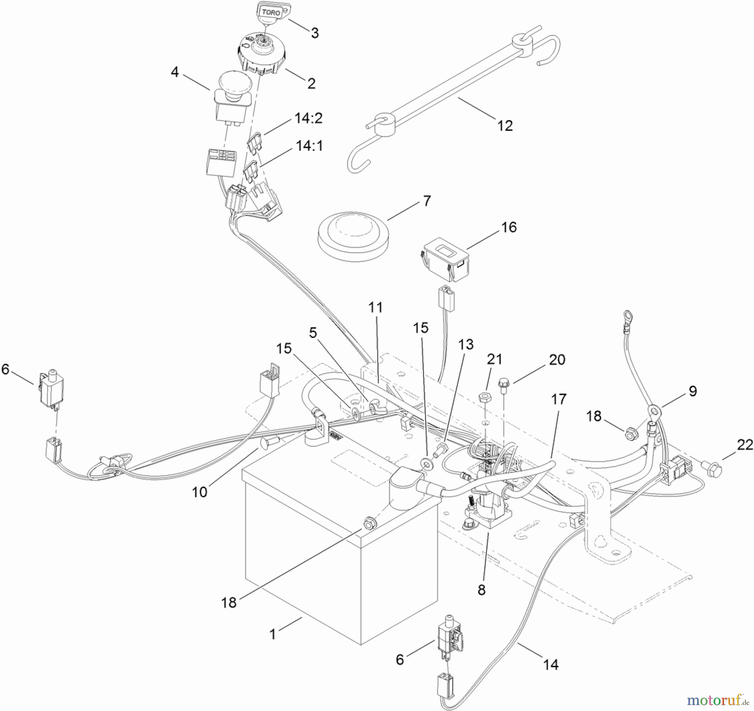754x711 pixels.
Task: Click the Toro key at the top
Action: point(271,13)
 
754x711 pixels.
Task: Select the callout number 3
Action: point(315,33)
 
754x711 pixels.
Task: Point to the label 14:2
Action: point(309,118)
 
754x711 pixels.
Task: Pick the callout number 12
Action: point(505,125)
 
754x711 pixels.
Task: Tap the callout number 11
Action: point(376,307)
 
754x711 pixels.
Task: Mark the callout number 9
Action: point(692,391)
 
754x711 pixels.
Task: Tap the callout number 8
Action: point(481,590)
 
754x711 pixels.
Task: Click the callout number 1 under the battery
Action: point(273,634)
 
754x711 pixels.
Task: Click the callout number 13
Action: point(466,345)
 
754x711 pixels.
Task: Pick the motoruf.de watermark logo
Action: point(717,699)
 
